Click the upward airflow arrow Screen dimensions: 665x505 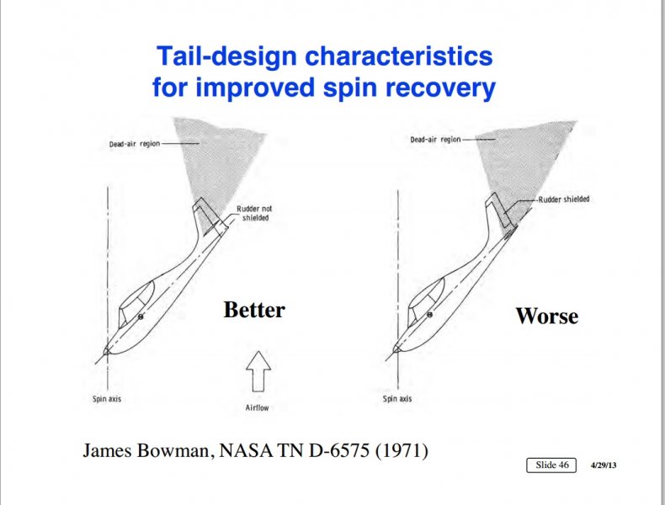(x=258, y=371)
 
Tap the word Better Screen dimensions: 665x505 (x=254, y=310)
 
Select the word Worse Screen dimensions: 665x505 (x=546, y=316)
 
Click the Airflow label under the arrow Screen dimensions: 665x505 (x=257, y=407)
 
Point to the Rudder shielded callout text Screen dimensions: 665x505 (x=564, y=199)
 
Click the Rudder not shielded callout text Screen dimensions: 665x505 (x=254, y=213)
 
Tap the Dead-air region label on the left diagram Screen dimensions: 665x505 (x=135, y=144)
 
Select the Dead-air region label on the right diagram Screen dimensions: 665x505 (x=435, y=139)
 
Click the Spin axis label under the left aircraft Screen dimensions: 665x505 (x=107, y=399)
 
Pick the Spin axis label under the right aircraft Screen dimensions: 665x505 (x=397, y=399)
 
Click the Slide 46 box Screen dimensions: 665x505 (x=551, y=465)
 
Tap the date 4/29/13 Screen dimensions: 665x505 (x=604, y=465)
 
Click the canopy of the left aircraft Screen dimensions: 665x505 (x=136, y=303)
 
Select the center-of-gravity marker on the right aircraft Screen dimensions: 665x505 (x=429, y=315)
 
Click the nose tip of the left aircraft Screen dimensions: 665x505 (x=104, y=351)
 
